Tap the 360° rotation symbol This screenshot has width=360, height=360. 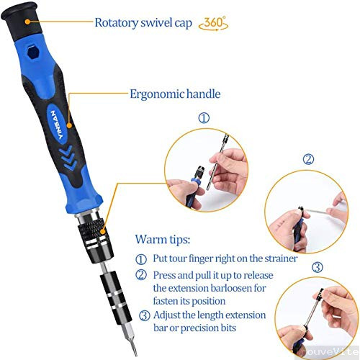coord(213,22)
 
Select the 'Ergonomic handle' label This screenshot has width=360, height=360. coord(175,94)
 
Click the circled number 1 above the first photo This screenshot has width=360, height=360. coord(204,117)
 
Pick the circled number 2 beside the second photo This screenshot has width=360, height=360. coord(308,160)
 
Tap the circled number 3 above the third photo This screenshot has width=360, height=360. coord(318,268)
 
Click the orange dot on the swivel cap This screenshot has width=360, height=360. coord(27,22)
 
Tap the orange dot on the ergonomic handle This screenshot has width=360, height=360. coord(71,94)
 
